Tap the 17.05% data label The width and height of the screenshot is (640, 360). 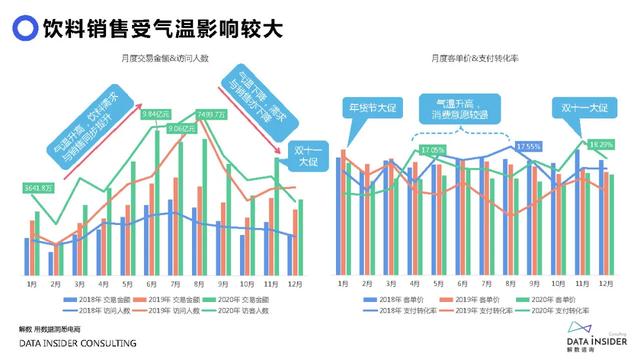click(434, 150)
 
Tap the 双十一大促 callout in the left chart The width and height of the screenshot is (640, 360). click(301, 158)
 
